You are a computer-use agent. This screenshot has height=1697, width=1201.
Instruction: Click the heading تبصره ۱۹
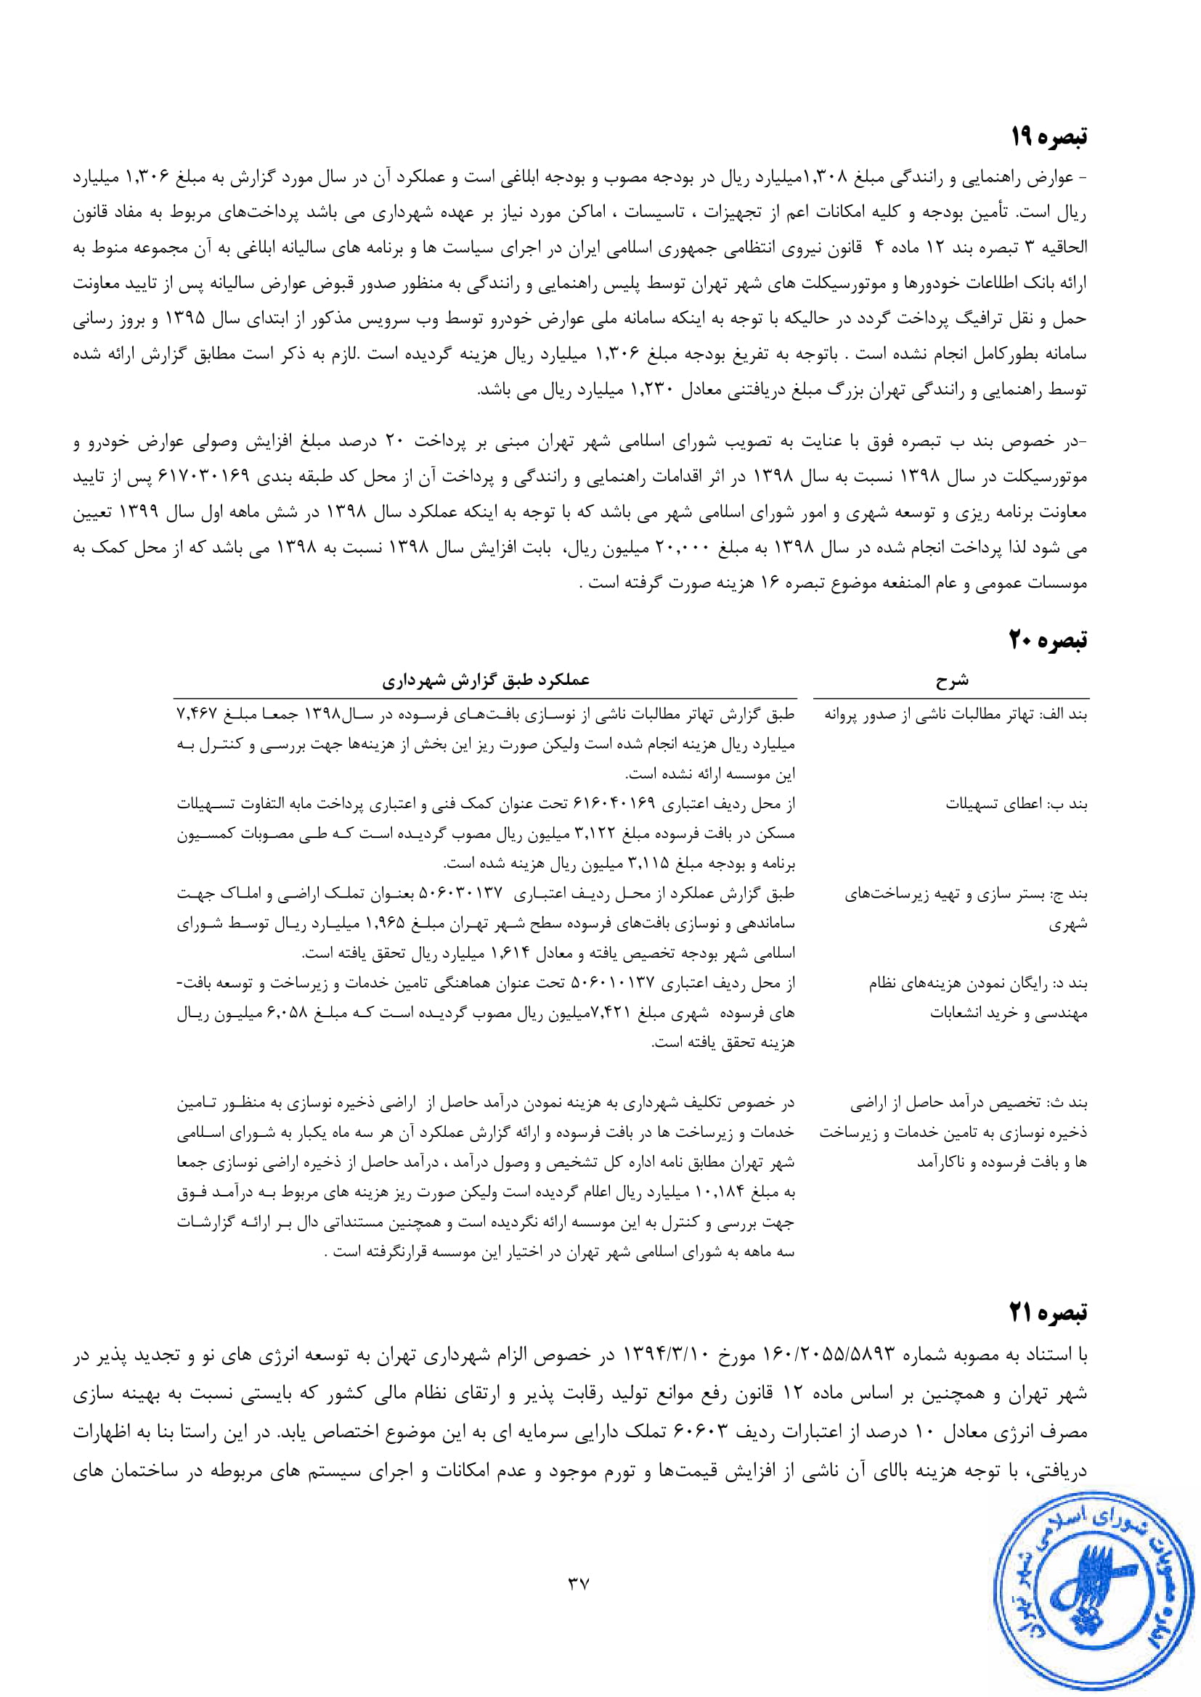coord(1049,137)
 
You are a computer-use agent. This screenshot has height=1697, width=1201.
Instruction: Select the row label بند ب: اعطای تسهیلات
coord(1016,804)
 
